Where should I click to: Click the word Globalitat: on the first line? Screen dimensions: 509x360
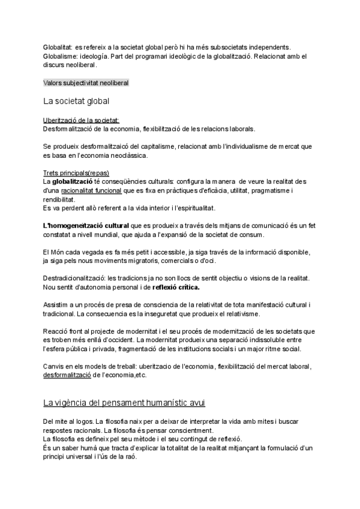point(58,47)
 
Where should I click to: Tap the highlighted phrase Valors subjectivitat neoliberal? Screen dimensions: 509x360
point(86,82)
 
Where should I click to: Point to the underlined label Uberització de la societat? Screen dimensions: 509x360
point(81,120)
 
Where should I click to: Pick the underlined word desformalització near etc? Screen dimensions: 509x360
point(67,375)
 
